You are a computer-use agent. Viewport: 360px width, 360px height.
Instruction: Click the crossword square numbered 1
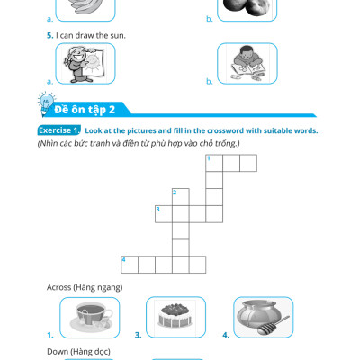click(214, 163)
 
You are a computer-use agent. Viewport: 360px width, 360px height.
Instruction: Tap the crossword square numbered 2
click(181, 197)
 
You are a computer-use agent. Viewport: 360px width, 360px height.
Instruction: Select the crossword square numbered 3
click(164, 214)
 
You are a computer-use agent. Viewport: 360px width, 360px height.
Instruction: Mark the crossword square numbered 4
click(130, 265)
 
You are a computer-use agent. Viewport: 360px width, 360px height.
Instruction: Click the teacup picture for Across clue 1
click(91, 317)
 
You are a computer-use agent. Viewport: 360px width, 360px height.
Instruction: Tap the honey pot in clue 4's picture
click(259, 314)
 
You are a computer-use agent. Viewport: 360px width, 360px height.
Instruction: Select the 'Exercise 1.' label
click(59, 130)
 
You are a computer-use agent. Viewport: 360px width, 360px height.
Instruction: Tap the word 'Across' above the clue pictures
click(58, 287)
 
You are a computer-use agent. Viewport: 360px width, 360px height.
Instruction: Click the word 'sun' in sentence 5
click(119, 36)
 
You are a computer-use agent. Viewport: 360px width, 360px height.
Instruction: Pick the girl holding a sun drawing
click(83, 64)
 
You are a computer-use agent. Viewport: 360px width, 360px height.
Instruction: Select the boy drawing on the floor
click(247, 64)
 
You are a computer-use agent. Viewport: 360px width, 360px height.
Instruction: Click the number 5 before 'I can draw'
click(49, 35)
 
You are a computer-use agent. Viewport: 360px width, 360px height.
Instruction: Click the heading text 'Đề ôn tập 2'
click(85, 110)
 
